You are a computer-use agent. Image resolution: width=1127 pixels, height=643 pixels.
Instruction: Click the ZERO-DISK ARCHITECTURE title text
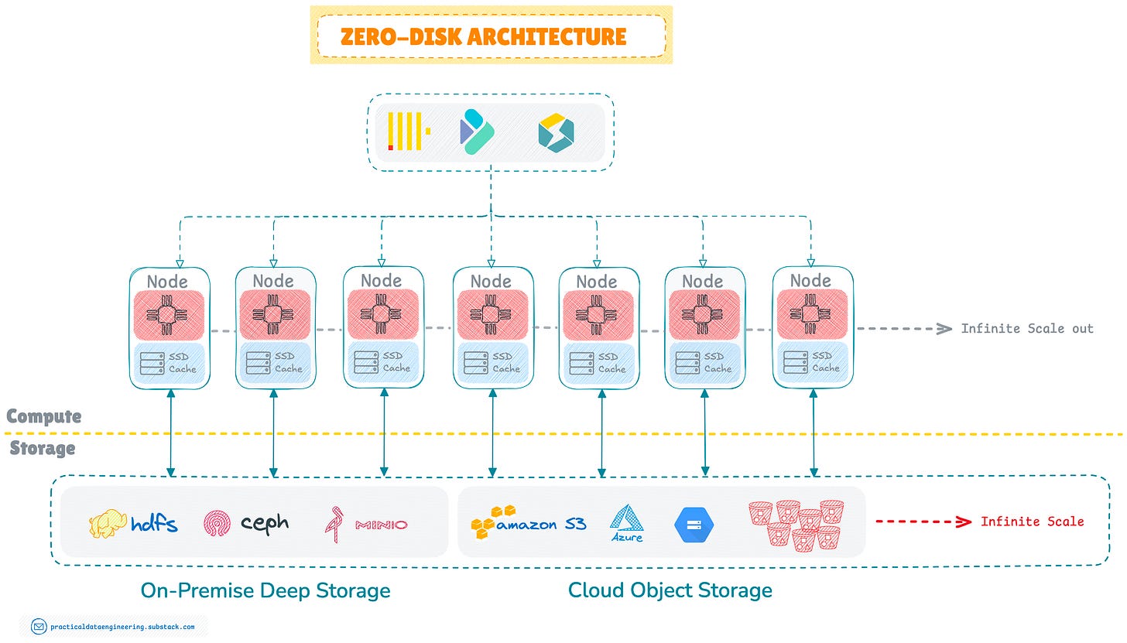483,36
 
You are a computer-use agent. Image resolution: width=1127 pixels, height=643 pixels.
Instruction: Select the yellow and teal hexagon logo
556,133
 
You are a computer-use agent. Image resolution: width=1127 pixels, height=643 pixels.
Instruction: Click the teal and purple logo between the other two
477,132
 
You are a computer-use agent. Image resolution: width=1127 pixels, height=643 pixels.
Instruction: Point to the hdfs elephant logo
107,523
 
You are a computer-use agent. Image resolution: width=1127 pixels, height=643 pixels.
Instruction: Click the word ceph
265,524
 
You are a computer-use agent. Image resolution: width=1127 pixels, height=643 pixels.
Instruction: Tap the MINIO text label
382,525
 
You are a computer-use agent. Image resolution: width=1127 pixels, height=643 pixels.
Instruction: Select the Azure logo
627,523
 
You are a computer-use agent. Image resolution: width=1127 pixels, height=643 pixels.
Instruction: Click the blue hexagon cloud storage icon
694,525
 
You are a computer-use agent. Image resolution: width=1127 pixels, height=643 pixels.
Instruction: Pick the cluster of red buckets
796,525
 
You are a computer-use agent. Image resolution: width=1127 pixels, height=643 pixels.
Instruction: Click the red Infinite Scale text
1033,522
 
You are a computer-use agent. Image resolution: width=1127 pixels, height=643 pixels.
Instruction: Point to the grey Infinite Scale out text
1027,329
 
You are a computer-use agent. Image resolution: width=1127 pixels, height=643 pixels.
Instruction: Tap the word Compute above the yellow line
44,416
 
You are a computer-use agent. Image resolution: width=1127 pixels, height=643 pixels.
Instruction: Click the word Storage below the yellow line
43,448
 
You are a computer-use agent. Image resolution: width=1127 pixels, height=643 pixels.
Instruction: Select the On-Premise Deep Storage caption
265,590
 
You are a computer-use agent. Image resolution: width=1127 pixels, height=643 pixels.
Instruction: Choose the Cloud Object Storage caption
670,590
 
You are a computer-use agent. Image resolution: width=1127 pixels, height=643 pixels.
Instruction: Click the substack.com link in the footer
122,627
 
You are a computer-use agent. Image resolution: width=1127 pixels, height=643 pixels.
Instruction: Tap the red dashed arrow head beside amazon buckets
964,522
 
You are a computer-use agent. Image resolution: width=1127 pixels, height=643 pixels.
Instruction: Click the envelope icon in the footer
39,627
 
